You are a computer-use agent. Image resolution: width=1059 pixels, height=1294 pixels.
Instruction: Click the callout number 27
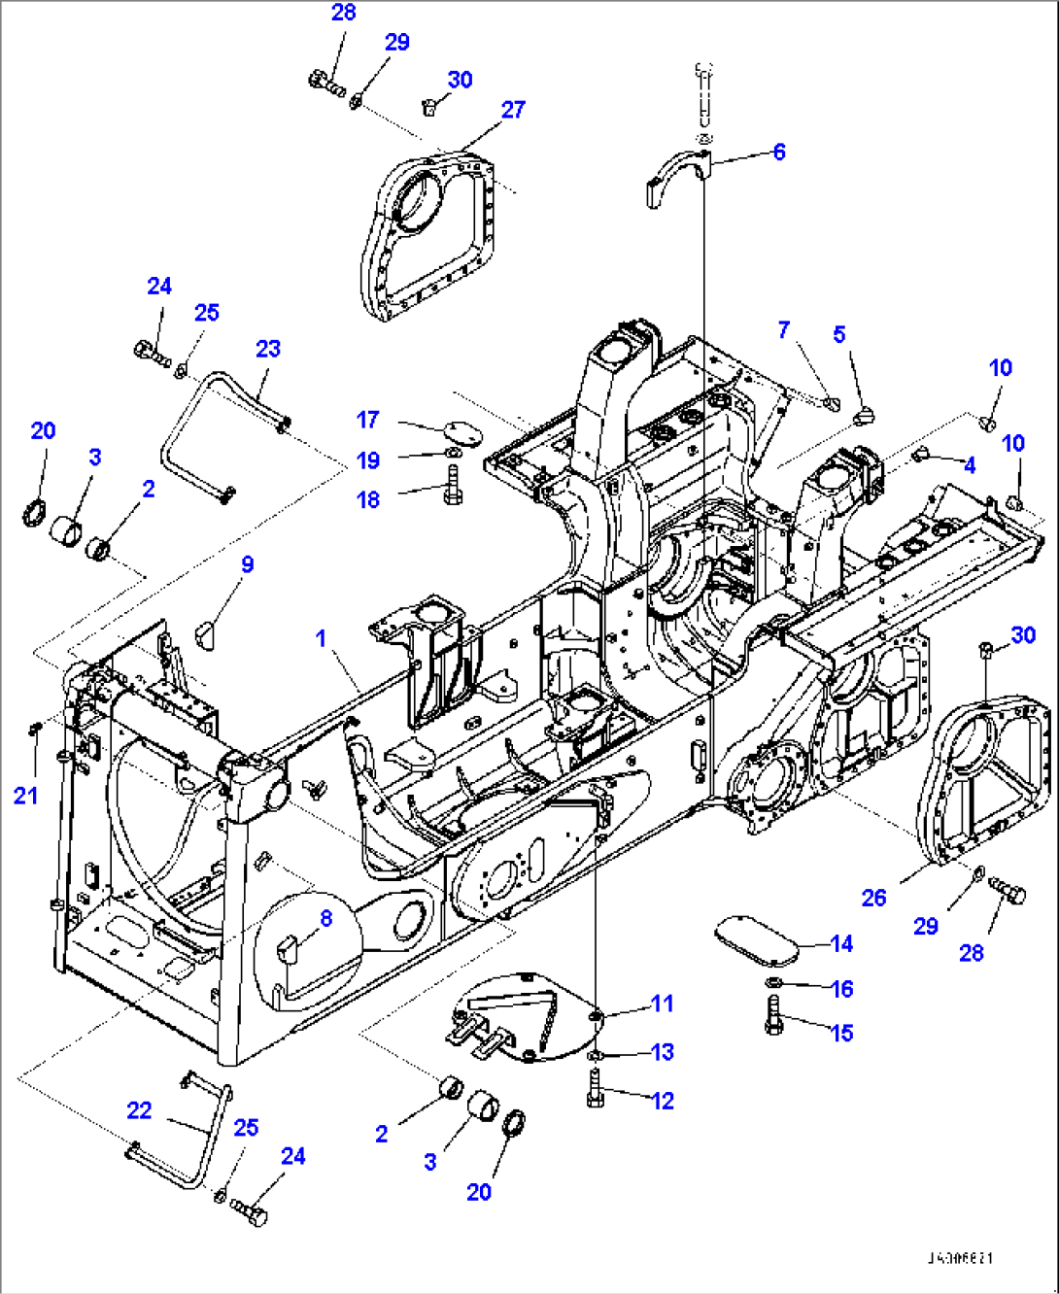(x=513, y=110)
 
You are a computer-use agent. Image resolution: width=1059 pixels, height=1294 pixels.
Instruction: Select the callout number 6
(x=778, y=152)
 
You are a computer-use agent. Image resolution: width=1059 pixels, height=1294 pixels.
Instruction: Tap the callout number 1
(x=321, y=638)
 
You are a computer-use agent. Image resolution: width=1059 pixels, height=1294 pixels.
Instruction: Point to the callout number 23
(x=268, y=349)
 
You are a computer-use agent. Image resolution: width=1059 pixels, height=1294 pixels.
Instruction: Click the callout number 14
(x=841, y=943)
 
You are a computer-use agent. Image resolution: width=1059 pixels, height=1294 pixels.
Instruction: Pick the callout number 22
(x=139, y=1110)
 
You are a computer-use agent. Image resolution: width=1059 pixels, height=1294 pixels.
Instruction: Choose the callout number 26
(x=873, y=898)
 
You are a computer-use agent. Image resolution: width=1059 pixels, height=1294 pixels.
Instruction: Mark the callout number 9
(x=248, y=564)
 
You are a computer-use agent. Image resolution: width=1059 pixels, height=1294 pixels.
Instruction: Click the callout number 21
(x=25, y=796)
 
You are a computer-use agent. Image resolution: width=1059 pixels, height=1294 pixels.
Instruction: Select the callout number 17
(x=367, y=420)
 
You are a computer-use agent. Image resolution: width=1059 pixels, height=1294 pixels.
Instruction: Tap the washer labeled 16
(x=774, y=988)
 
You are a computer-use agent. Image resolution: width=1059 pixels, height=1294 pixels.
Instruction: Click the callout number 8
(x=325, y=918)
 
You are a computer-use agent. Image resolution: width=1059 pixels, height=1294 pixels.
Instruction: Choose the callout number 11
(x=662, y=1004)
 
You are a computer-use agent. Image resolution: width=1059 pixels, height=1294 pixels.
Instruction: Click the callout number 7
(x=784, y=330)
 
